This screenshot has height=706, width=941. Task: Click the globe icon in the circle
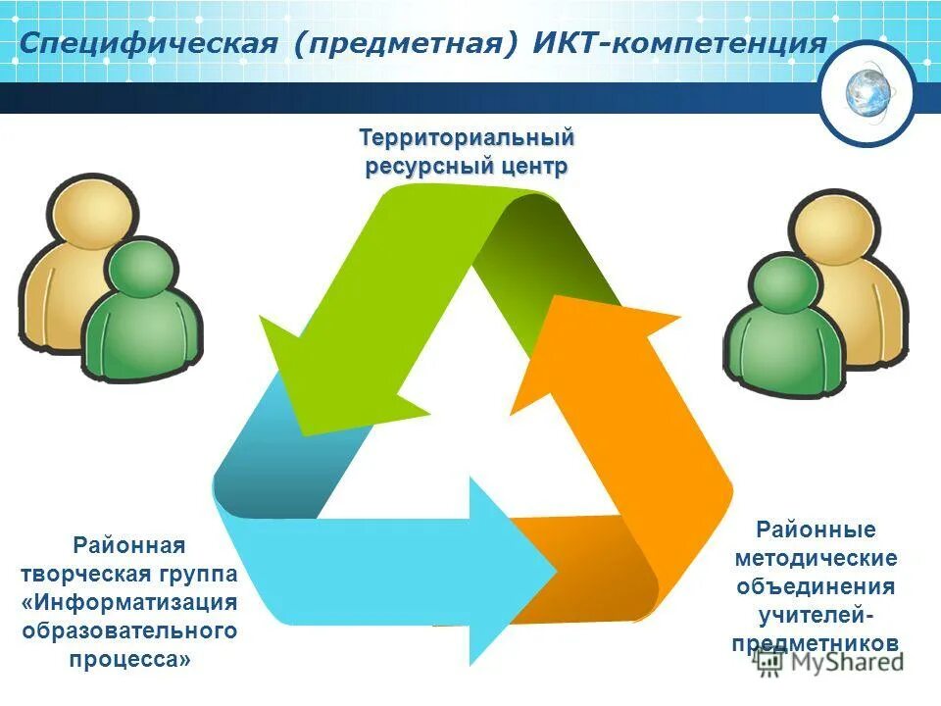coord(867,92)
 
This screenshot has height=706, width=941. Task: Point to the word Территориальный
coord(467,138)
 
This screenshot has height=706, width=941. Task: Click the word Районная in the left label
coord(128,544)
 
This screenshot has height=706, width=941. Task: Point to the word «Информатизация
coord(129,601)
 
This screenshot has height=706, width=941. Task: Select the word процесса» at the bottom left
coord(129,658)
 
